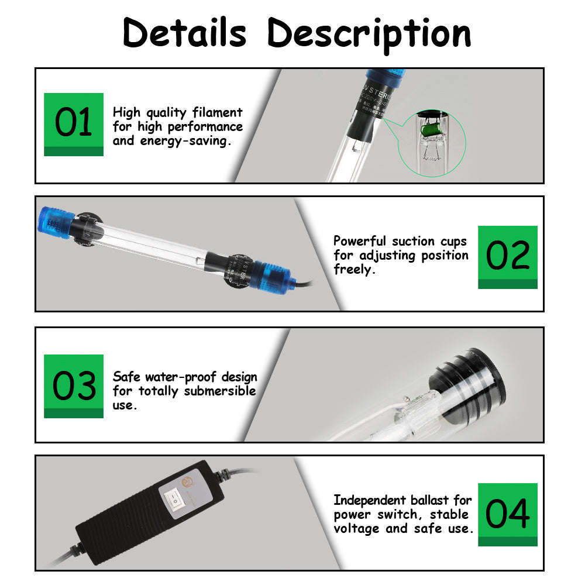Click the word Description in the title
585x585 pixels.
tap(369, 34)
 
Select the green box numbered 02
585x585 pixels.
tap(507, 256)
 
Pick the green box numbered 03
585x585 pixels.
tap(74, 386)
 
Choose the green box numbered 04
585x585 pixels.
tap(507, 514)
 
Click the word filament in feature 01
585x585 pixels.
tap(214, 112)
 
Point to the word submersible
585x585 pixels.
tap(220, 391)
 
